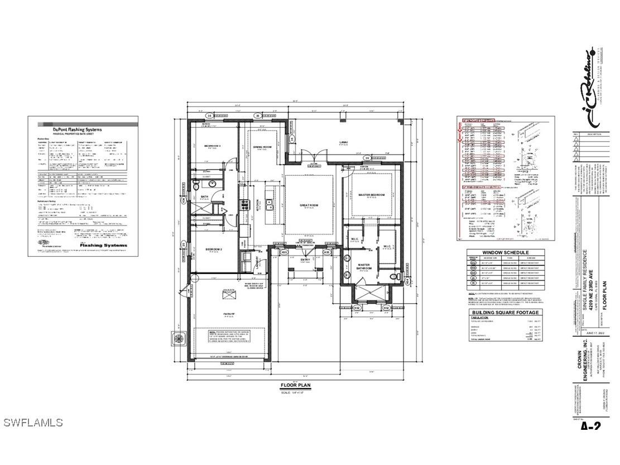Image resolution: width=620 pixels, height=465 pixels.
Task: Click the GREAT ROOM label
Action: point(309,205)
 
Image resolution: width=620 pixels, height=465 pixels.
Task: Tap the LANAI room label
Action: point(344,142)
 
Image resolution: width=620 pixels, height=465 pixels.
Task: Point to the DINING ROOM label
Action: point(262,147)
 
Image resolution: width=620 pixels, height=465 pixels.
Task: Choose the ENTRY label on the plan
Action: point(305,260)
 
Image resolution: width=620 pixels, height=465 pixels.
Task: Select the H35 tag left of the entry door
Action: point(284,252)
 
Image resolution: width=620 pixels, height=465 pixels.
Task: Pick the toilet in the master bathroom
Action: point(395,277)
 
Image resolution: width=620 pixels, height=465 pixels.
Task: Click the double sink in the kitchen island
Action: point(268,205)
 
